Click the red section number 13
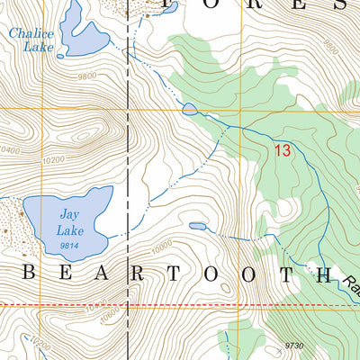[x=282, y=152]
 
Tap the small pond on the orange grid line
[x=189, y=110]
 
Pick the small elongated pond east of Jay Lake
[x=197, y=227]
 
